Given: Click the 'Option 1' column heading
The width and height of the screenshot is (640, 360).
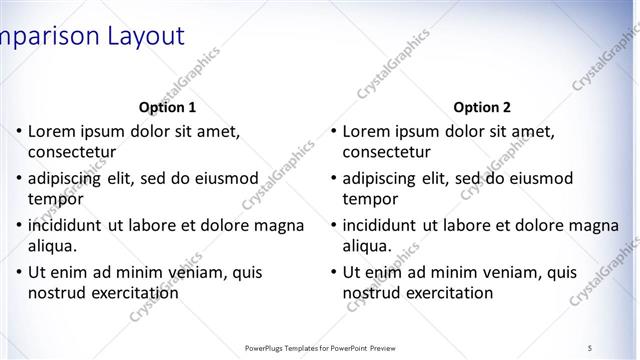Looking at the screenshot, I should click(x=167, y=107).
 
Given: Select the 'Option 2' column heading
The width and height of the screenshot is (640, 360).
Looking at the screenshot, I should click(x=482, y=107).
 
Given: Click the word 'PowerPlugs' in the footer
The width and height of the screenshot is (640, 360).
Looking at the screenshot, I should click(x=267, y=347).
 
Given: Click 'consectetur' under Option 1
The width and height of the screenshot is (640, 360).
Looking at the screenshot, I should click(x=72, y=153).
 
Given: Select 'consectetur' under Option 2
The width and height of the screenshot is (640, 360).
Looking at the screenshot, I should click(x=387, y=153).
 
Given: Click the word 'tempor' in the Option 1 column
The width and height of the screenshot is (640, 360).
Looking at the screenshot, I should click(x=56, y=199).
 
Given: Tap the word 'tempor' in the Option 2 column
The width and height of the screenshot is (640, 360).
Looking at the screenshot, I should click(x=370, y=199).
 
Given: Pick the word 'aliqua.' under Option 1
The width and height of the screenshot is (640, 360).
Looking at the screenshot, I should click(x=55, y=246).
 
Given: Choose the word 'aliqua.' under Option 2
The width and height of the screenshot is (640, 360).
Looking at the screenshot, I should click(x=369, y=246).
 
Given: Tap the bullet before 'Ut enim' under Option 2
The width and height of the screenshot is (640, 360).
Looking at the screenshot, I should click(x=333, y=272).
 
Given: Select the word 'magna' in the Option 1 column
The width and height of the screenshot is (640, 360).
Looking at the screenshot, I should click(x=279, y=225).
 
